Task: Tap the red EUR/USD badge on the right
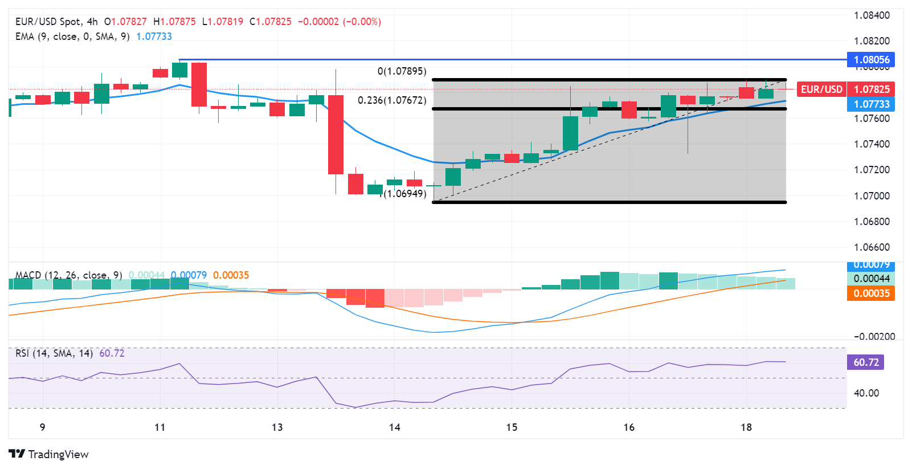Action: pos(821,89)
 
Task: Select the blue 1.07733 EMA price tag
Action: pos(871,104)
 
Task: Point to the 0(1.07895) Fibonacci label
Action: pos(402,71)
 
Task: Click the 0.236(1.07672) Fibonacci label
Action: pos(392,100)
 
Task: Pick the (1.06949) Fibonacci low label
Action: pos(404,194)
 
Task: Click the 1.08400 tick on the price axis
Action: pos(872,15)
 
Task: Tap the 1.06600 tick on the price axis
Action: pos(872,247)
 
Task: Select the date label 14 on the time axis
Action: pos(394,427)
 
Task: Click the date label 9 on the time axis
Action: pos(42,427)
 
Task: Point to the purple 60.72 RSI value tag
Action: pos(866,362)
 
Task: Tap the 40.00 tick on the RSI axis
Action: pos(866,393)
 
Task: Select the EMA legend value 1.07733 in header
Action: pos(154,36)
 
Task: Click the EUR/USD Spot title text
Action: pos(48,22)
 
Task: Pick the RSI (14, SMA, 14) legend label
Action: pos(54,353)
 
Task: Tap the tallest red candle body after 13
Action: pos(336,134)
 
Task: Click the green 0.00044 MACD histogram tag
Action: pos(871,279)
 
